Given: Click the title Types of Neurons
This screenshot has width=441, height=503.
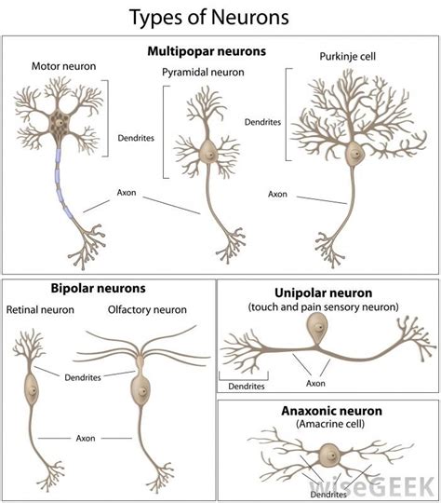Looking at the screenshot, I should (x=209, y=17).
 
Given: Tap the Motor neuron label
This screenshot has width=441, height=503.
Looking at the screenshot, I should (x=62, y=67).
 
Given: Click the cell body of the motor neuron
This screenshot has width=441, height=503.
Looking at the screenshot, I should (x=61, y=121).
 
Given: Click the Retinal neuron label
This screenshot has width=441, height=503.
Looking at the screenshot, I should (x=41, y=309).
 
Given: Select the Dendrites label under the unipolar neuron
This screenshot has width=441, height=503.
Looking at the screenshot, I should (x=245, y=385).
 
